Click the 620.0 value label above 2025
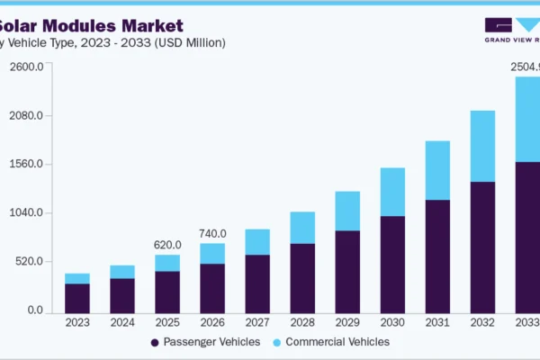point(167,245)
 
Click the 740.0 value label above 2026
point(212,233)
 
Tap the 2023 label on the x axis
point(77,321)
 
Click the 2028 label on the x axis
point(302,321)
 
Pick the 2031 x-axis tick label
point(437,321)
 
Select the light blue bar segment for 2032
point(482,146)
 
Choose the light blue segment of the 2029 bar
point(347,211)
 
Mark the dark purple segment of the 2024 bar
point(122,294)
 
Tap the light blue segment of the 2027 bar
point(257,241)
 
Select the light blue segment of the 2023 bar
point(77,278)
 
